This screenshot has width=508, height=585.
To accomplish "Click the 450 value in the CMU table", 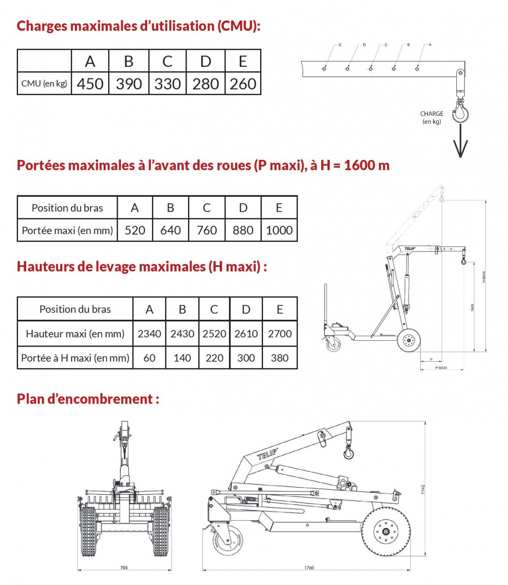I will [x=90, y=83].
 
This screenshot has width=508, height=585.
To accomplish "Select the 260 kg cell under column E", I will [x=243, y=83].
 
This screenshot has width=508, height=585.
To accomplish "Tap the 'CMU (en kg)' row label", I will [x=44, y=83].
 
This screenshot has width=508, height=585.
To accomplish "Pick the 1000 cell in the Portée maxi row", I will [x=279, y=230].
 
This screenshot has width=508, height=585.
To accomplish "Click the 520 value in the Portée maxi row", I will [x=135, y=230].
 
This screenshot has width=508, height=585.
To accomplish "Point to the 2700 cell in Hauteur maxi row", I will [x=280, y=333].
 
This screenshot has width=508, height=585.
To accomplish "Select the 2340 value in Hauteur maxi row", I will [x=149, y=333].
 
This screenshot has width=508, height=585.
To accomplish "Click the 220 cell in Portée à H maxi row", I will [x=214, y=358].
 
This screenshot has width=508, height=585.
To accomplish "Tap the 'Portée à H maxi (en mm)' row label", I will [x=75, y=358].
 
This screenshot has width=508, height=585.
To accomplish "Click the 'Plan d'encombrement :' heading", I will [x=88, y=399].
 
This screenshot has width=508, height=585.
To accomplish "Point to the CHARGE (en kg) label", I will [x=432, y=117].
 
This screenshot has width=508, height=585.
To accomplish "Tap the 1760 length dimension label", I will [x=309, y=567].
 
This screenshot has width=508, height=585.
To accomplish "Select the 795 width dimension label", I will [x=124, y=567].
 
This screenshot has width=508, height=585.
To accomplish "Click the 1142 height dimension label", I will [x=423, y=489].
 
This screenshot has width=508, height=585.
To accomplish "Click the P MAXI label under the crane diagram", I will [x=441, y=368].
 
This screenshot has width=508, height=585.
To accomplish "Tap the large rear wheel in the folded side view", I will [x=386, y=531].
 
